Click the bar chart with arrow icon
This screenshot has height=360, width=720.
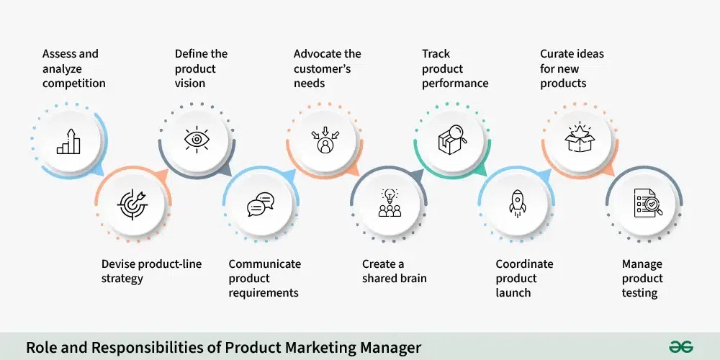tap(68, 141)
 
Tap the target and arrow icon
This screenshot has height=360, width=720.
tap(132, 204)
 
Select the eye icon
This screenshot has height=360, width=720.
tap(197, 140)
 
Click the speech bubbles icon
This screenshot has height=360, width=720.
tap(261, 204)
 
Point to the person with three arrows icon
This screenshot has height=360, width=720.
tap(325, 140)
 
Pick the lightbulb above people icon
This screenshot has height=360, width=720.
tap(390, 202)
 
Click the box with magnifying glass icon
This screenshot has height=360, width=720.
tap(452, 140)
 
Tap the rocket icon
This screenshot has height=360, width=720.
tap(518, 204)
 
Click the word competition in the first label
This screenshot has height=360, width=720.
tap(74, 84)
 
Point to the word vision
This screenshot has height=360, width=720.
tap(189, 83)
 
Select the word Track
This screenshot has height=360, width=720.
tap(436, 54)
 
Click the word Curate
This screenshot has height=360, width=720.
tap(555, 54)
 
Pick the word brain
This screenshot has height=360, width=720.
tap(412, 278)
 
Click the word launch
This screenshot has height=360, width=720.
tap(513, 292)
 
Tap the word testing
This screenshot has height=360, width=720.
tap(639, 293)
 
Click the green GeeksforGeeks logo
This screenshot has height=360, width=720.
tap(681, 347)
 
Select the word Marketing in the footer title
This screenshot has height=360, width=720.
tap(287, 348)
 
